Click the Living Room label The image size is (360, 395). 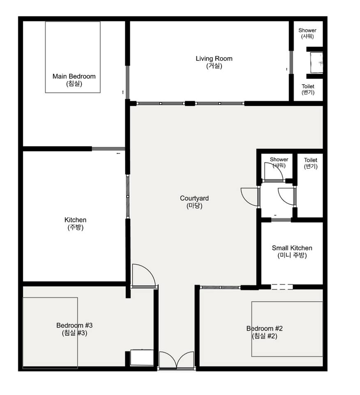[214, 62]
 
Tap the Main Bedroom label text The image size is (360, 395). [74, 80]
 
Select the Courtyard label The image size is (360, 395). [194, 202]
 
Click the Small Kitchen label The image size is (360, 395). [292, 251]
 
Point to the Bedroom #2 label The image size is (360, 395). [264, 332]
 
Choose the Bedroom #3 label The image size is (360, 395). [74, 329]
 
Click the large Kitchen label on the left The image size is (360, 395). [75, 223]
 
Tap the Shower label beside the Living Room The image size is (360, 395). [307, 33]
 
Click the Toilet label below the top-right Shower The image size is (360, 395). [308, 89]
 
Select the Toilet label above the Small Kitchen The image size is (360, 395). [310, 163]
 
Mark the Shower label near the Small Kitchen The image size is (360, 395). [279, 162]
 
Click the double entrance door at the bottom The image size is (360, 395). [177, 361]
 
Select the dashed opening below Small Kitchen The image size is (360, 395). [282, 287]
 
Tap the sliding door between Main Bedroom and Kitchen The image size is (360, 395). [108, 149]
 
